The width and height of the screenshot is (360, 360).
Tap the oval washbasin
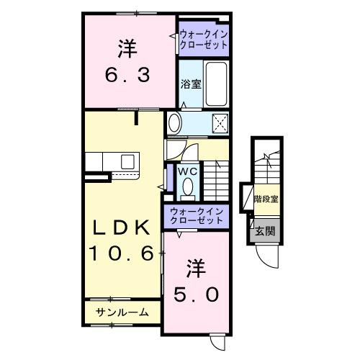tap(175, 124)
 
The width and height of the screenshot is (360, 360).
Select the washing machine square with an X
tap(219, 122)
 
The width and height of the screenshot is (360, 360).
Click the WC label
tap(187, 171)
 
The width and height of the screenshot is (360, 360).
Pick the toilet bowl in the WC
tap(187, 188)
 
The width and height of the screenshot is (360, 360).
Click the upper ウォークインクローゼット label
tap(204, 38)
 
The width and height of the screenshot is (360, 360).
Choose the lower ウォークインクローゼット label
tap(196, 215)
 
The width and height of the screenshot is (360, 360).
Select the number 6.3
tap(129, 74)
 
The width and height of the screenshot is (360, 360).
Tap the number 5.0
tap(196, 295)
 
